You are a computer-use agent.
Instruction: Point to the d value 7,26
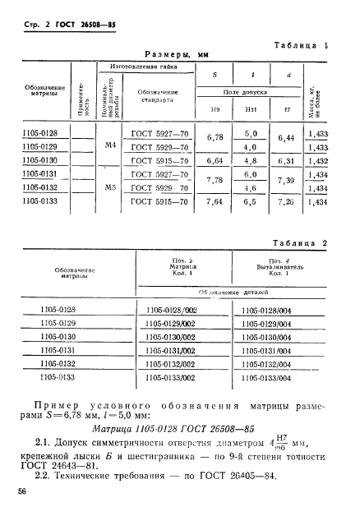tap(286, 200)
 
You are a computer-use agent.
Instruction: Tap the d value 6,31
tap(286, 160)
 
